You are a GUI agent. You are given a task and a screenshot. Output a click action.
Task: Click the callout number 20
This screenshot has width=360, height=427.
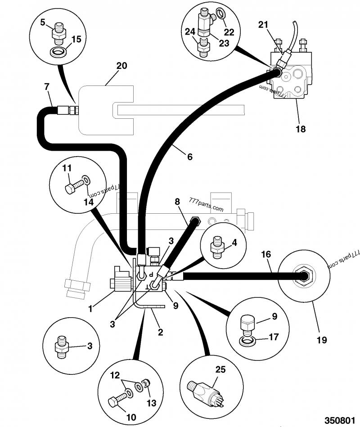point(121,66)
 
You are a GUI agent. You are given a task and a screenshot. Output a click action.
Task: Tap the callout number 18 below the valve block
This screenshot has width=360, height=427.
point(301,129)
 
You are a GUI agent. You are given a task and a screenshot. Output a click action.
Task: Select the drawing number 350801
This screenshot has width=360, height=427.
point(342,419)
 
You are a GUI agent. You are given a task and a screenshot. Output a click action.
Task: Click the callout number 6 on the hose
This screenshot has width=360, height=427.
point(189,157)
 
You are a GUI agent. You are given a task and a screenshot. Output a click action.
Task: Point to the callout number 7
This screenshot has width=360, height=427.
point(47,86)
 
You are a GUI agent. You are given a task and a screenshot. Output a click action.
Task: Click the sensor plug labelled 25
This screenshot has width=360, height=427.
point(201,387)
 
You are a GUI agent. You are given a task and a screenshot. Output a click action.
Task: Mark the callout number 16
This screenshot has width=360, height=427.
point(266,255)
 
